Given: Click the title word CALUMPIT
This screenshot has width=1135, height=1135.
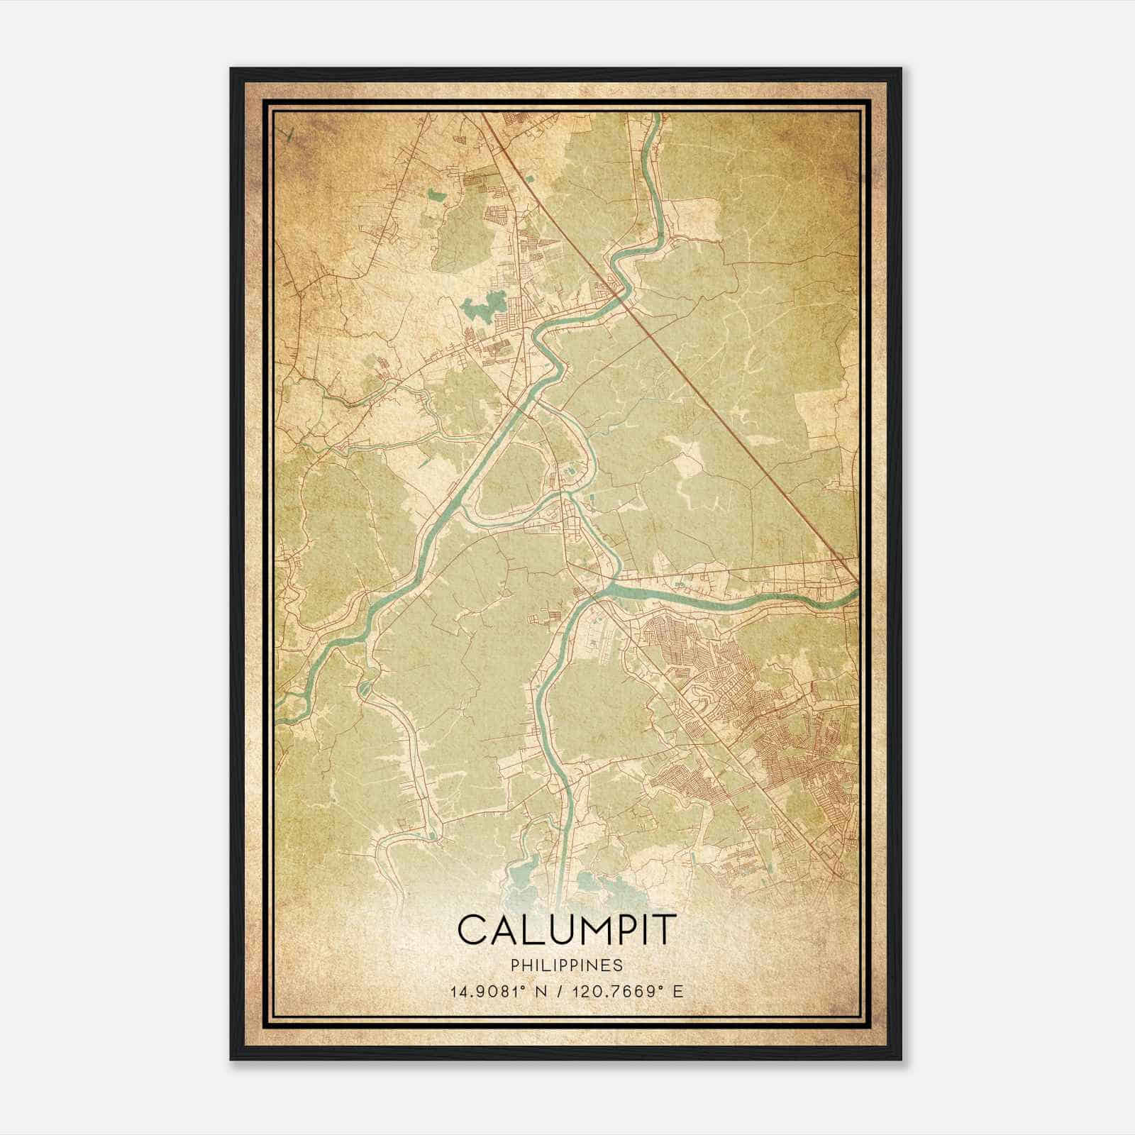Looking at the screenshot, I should pyautogui.click(x=567, y=930).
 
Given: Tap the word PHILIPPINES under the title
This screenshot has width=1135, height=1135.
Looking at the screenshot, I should pyautogui.click(x=567, y=965).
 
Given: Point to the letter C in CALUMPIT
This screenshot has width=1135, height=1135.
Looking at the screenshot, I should pyautogui.click(x=471, y=930).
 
